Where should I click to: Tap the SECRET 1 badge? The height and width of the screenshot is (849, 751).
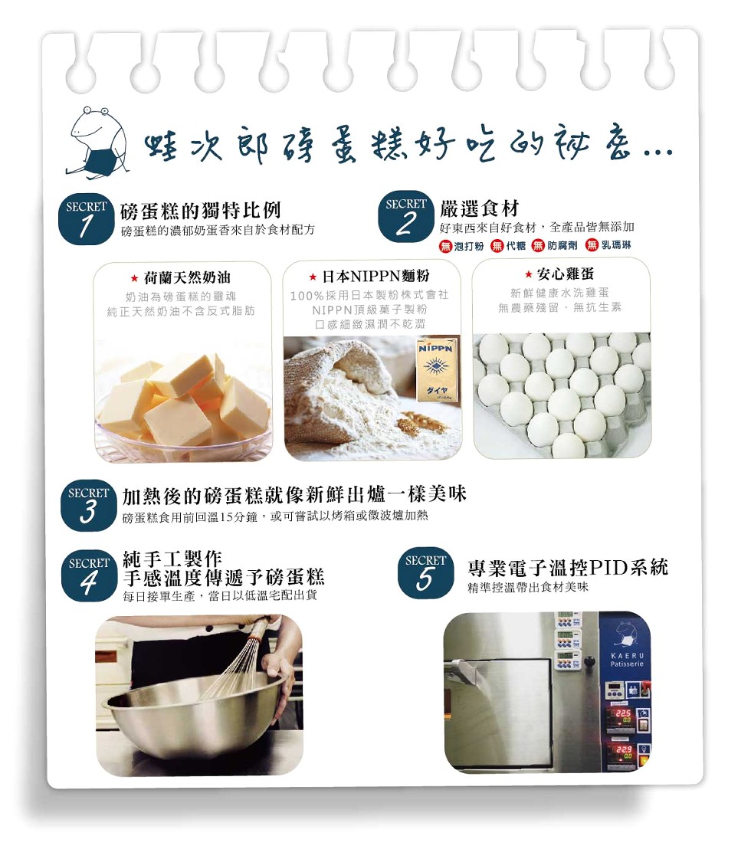pyautogui.click(x=85, y=218)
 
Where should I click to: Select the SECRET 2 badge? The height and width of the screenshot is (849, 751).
pyautogui.click(x=405, y=216)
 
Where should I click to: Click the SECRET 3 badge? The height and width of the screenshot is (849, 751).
pyautogui.click(x=88, y=505)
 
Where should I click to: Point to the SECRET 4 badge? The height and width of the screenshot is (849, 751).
pyautogui.click(x=89, y=575)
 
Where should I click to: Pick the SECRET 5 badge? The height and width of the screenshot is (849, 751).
pyautogui.click(x=425, y=573)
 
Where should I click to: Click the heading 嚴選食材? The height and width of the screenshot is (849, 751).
pyautogui.click(x=479, y=208)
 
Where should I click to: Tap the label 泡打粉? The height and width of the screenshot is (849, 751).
pyautogui.click(x=469, y=247)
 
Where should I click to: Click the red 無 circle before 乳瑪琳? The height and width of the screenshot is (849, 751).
pyautogui.click(x=592, y=246)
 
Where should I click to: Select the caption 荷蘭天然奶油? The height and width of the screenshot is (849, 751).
pyautogui.click(x=187, y=278)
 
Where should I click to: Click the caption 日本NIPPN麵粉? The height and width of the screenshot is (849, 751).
pyautogui.click(x=375, y=276)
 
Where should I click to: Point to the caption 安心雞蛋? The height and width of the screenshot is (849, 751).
pyautogui.click(x=566, y=274)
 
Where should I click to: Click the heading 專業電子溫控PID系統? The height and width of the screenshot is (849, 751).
pyautogui.click(x=568, y=568)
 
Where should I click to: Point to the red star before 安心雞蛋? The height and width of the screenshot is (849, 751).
pyautogui.click(x=529, y=274)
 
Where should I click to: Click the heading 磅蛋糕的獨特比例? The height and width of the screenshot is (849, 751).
pyautogui.click(x=201, y=209)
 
